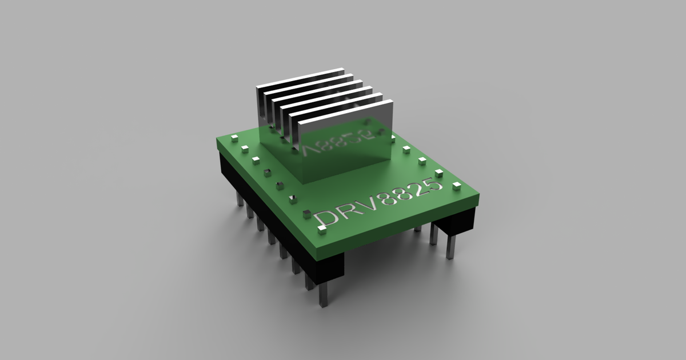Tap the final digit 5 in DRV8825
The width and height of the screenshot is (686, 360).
tap(436, 185)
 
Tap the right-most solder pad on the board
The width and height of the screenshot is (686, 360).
tap(456, 186)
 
